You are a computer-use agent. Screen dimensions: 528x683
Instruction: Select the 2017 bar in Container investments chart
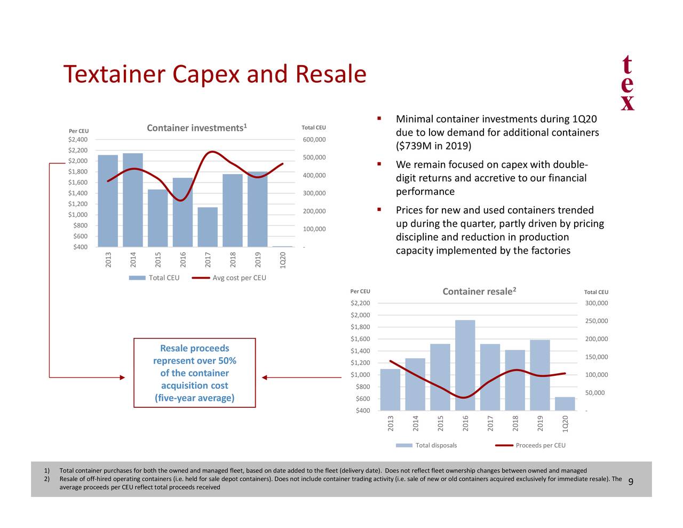[208, 227]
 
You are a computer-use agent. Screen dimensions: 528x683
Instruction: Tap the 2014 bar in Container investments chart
[133, 200]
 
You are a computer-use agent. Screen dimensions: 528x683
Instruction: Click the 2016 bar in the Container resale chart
[465, 365]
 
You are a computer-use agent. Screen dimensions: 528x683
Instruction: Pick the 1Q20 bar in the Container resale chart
[565, 404]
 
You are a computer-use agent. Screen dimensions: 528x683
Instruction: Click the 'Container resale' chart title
[479, 291]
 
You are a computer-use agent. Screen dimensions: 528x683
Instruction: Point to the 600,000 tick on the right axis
[314, 139]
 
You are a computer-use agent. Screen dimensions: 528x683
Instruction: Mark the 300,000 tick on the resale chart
[596, 303]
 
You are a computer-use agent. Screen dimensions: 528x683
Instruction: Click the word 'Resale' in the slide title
[331, 74]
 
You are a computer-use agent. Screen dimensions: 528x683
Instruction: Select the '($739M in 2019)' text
[433, 146]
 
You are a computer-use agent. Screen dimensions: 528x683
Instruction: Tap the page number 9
[631, 483]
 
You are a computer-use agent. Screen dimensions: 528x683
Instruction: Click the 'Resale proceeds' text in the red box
[194, 348]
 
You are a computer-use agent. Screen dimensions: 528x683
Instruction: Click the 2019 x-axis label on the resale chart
[540, 423]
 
